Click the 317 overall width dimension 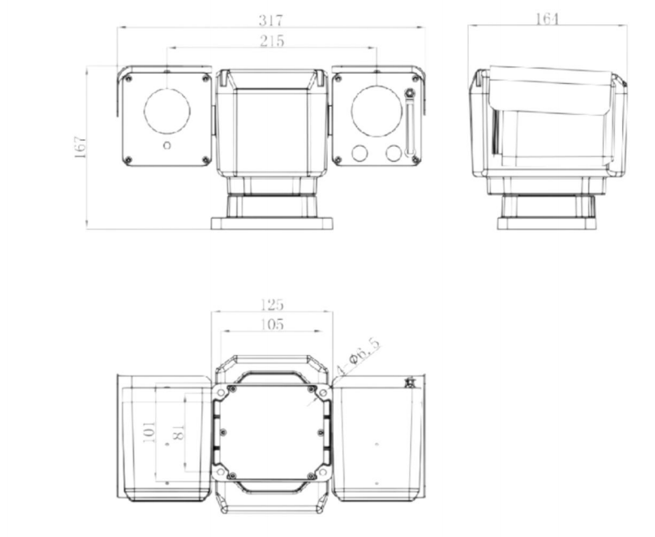[x=271, y=18]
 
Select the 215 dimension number [x=272, y=40]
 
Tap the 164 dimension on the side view [x=546, y=18]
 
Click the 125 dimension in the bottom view [x=272, y=304]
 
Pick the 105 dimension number [x=272, y=324]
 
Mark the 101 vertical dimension [x=149, y=433]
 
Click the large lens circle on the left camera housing [x=167, y=110]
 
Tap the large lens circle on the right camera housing [x=376, y=110]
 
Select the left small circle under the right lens [x=361, y=153]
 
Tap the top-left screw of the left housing [x=129, y=79]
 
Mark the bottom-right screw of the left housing [x=205, y=159]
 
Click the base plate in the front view [x=271, y=223]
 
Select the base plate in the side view [x=547, y=223]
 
